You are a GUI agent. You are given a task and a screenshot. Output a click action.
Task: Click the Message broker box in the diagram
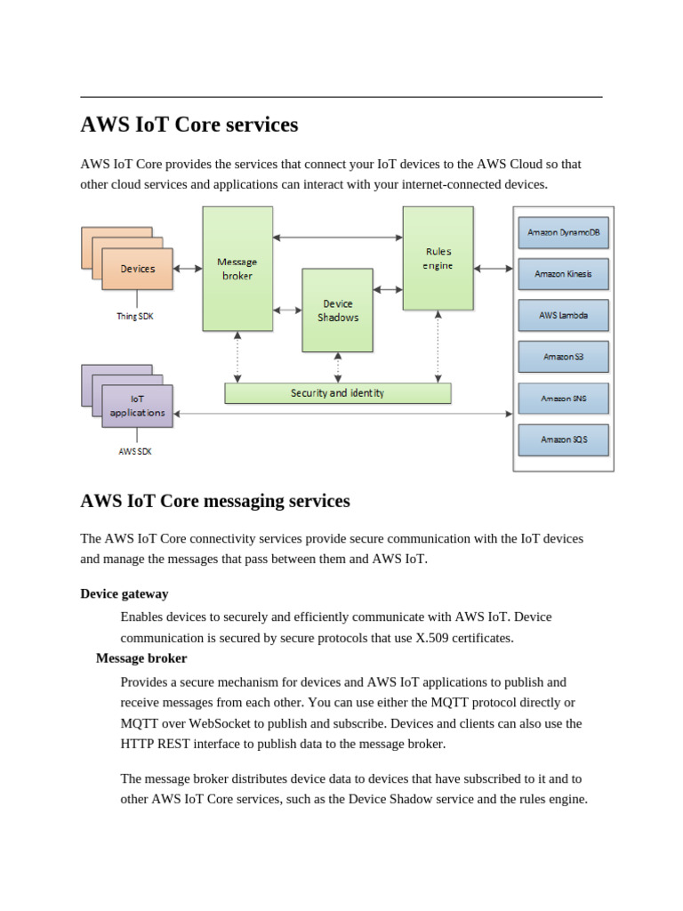pyautogui.click(x=237, y=268)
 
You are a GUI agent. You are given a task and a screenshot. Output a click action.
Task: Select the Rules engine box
pyautogui.click(x=438, y=258)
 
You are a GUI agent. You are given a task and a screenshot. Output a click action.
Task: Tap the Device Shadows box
pyautogui.click(x=337, y=310)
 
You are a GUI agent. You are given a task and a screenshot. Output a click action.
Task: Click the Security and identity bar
pyautogui.click(x=337, y=392)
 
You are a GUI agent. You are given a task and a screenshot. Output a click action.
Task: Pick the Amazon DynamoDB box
pyautogui.click(x=563, y=232)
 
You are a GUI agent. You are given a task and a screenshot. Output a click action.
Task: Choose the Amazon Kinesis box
pyautogui.click(x=563, y=274)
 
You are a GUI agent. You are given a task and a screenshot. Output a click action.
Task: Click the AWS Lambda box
pyautogui.click(x=563, y=315)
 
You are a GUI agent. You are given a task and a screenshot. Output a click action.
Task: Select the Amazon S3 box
pyautogui.click(x=563, y=357)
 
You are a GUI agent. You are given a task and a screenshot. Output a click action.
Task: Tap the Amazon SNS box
pyautogui.click(x=563, y=399)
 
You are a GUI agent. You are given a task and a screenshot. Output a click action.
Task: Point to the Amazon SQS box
pyautogui.click(x=563, y=439)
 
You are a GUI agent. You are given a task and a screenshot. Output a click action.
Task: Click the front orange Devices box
pyautogui.click(x=137, y=269)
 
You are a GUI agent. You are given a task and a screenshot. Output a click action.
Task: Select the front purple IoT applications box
pyautogui.click(x=137, y=407)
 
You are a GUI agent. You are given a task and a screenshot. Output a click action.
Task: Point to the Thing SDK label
pyautogui.click(x=135, y=316)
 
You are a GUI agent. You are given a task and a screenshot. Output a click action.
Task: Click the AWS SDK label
pyautogui.click(x=135, y=451)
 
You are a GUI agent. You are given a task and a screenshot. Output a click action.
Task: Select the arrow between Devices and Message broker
pyautogui.click(x=188, y=268)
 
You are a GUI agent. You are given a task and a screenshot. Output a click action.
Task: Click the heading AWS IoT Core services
pyautogui.click(x=189, y=125)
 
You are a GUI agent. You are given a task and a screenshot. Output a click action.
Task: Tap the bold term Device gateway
pyautogui.click(x=125, y=593)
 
